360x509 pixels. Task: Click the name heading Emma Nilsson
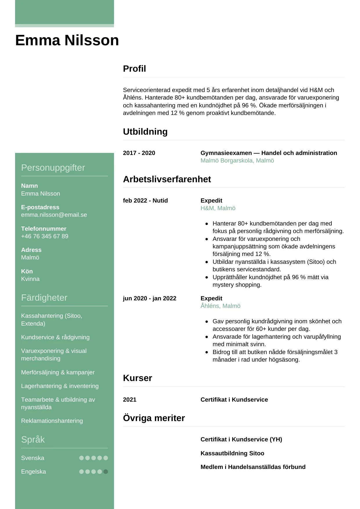[67, 40]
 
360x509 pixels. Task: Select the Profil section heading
[134, 69]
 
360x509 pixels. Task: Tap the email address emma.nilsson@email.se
[54, 215]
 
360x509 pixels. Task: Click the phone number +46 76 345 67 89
[45, 236]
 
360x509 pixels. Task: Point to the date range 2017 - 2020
[139, 153]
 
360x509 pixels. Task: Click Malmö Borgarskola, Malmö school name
[237, 160]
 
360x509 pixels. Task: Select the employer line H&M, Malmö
[218, 208]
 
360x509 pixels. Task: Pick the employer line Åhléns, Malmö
[220, 306]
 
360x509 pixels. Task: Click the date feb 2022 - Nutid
[145, 201]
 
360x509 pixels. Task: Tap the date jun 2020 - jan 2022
[149, 298]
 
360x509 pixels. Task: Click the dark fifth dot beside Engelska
[106, 472]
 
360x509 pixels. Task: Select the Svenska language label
[33, 458]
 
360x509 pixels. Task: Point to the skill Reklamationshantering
[52, 421]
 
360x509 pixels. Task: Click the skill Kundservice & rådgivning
[55, 337]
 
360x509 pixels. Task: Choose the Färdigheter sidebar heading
[44, 298]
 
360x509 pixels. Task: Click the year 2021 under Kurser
[130, 400]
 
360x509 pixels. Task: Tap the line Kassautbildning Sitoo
[232, 453]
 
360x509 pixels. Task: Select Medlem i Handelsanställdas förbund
[253, 467]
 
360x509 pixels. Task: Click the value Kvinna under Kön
[30, 279]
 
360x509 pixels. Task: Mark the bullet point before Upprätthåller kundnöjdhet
[207, 277]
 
